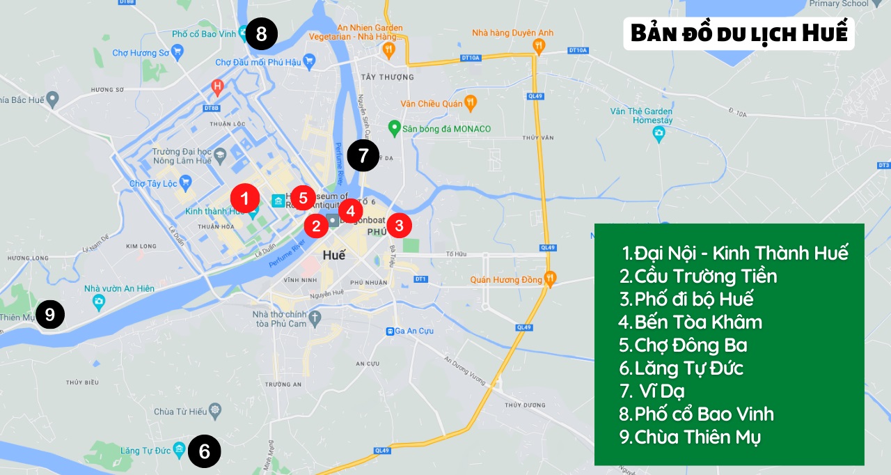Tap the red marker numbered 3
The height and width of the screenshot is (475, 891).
coord(399,225)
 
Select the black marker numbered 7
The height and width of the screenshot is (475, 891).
coord(363,156)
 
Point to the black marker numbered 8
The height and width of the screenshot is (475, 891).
coord(261,34)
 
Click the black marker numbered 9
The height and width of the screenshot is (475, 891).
coord(49,315)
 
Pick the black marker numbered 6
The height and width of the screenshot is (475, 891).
coord(204,451)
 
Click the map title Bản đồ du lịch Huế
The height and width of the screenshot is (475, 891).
coord(739,33)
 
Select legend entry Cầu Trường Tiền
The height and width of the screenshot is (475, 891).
coord(698,276)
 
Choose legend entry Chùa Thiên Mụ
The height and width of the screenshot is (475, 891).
coord(690,437)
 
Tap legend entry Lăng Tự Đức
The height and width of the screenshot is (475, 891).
coord(681,368)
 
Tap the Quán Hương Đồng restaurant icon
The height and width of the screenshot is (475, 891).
coord(551,279)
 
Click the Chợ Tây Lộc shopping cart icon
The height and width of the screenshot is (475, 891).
coord(185,183)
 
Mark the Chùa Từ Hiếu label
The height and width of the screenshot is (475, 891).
coord(180,412)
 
